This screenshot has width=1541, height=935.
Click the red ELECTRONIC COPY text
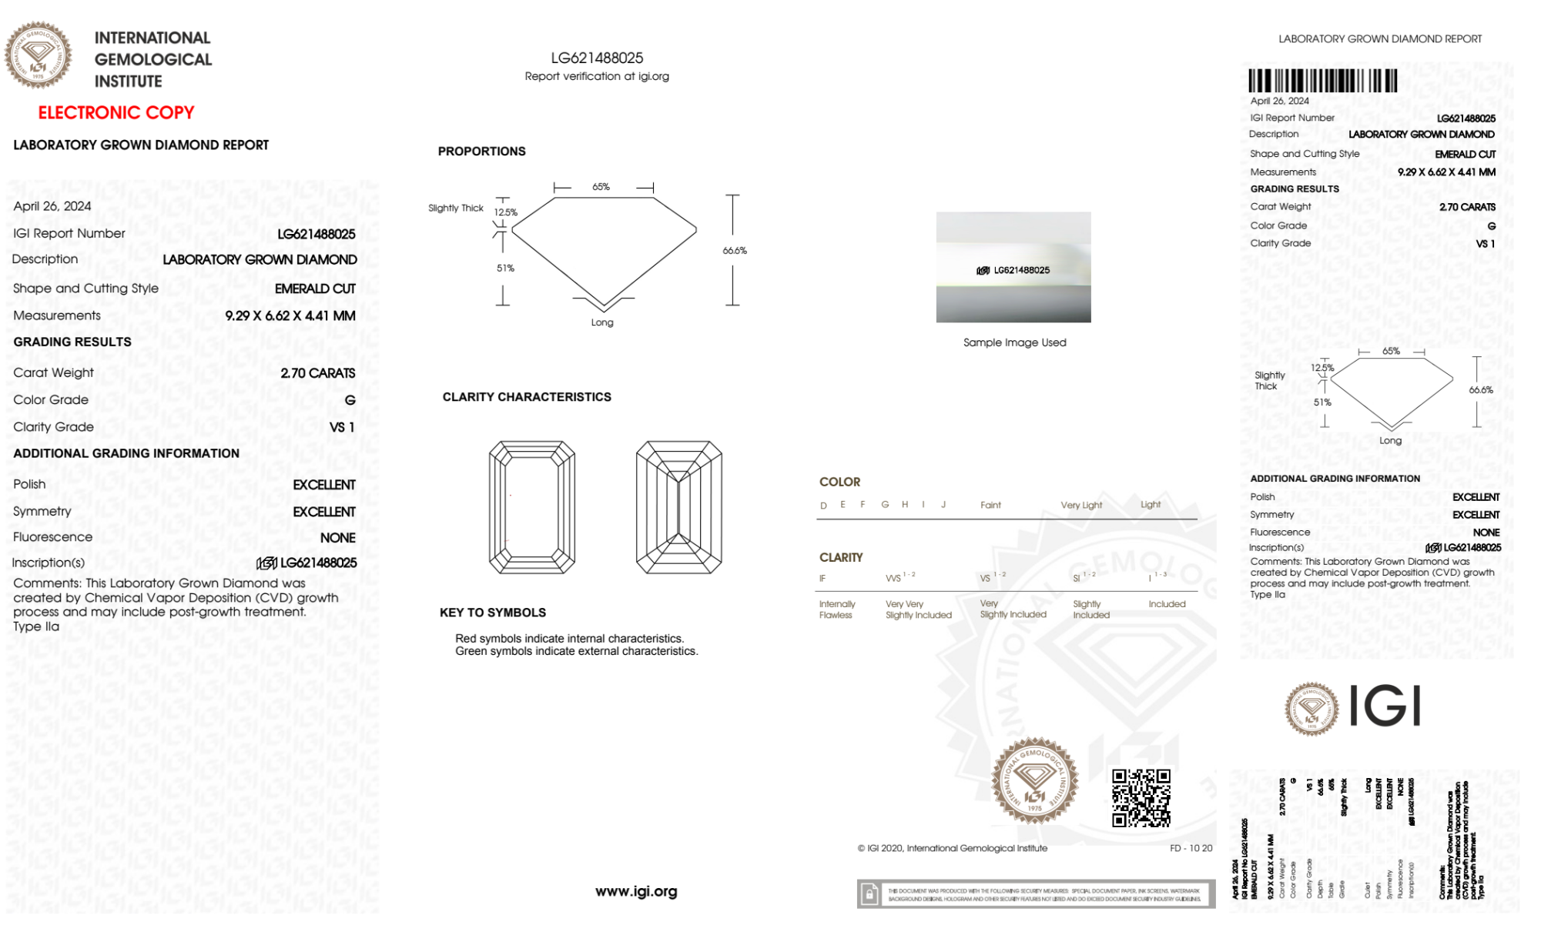[x=116, y=112]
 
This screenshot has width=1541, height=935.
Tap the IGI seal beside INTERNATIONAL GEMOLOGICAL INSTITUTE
[x=38, y=55]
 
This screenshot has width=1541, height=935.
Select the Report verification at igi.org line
[x=597, y=76]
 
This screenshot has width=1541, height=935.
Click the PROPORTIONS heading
[x=481, y=152]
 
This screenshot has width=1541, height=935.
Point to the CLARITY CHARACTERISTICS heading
[x=527, y=397]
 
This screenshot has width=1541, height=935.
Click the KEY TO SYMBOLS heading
[x=493, y=613]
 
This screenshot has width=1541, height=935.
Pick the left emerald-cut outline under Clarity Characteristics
[x=532, y=507]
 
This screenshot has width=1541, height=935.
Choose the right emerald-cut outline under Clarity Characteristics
[x=678, y=507]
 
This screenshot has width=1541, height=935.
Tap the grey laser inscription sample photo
[x=1013, y=267]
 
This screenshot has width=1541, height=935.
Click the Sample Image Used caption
[x=1014, y=342]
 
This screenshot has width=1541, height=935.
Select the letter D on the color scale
[x=823, y=506]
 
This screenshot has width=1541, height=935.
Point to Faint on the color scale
[x=990, y=506]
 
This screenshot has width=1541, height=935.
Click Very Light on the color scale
[x=1081, y=506]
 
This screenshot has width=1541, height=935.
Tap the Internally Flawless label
[x=836, y=609]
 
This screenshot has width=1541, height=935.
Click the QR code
[x=1141, y=798]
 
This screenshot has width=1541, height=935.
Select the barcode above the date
[x=1322, y=81]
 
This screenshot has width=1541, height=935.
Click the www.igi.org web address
[x=636, y=891]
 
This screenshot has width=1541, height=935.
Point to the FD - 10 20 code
[x=1191, y=848]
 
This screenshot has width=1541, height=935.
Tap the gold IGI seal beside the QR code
[x=1034, y=781]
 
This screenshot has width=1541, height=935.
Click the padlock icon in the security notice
[x=869, y=894]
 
